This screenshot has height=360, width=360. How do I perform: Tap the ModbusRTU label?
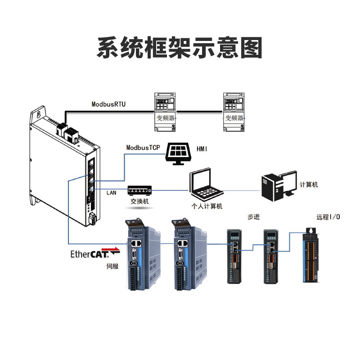tap(108, 104)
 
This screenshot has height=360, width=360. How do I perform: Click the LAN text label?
tap(111, 193)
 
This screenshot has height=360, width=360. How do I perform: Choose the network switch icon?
tap(139, 190)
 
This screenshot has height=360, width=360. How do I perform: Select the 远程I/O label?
tap(328, 217)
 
